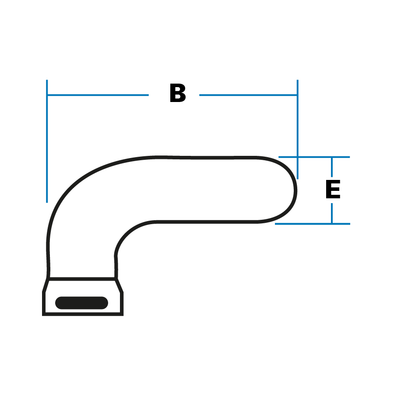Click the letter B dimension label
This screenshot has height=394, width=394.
point(178,93)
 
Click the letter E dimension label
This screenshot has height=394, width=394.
point(333,189)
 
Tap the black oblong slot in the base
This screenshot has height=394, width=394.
point(82,303)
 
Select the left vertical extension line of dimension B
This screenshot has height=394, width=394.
point(47,141)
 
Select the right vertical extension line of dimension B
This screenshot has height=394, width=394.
point(298,130)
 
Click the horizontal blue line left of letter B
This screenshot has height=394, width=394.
point(98,95)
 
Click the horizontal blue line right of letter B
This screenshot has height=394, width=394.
point(248,95)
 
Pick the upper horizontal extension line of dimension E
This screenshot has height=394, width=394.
point(314,157)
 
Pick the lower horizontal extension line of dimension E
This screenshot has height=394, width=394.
point(313,224)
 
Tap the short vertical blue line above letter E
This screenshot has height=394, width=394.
point(332,167)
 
